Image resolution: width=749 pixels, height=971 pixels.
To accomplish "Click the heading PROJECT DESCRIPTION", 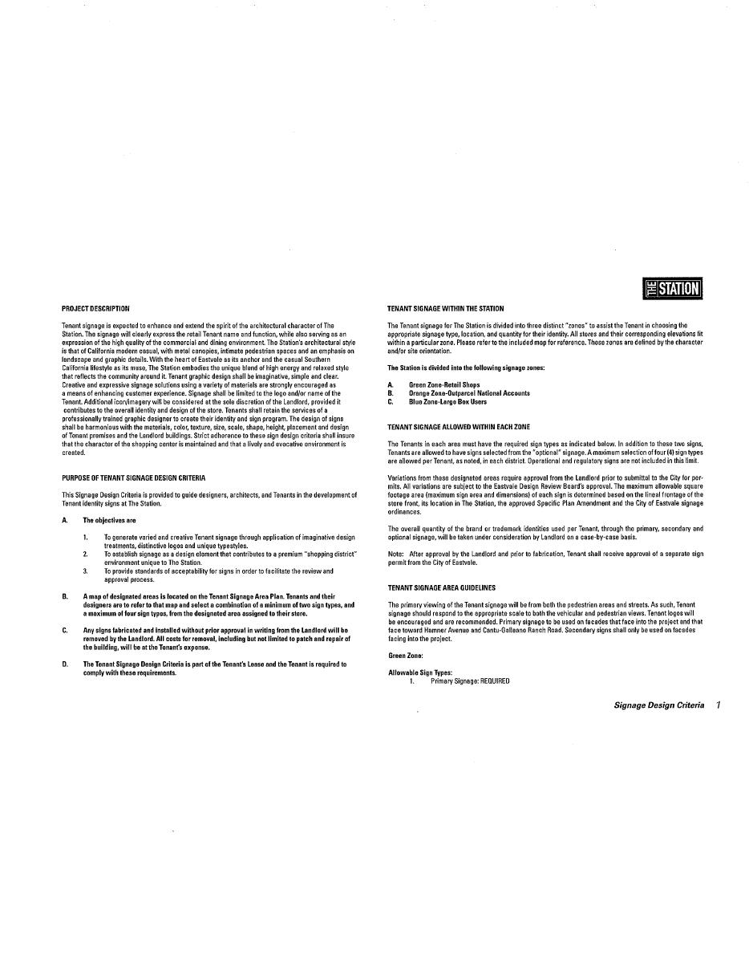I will click(95, 308).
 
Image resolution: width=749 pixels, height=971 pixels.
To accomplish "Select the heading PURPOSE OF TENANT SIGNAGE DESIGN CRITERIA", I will click(133, 478).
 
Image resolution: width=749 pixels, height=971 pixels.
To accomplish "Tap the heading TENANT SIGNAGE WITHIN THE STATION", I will click(446, 308).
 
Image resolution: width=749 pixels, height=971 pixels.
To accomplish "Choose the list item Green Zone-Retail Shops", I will click(444, 385).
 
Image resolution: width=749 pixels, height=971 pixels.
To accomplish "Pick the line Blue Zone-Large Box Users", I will click(447, 402).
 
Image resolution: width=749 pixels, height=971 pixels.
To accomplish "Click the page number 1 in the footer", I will click(719, 705).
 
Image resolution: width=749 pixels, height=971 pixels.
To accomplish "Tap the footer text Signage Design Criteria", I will click(658, 705).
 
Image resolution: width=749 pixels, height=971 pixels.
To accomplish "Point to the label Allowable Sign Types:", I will click(420, 672).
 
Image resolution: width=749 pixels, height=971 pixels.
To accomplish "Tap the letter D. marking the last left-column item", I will click(65, 664).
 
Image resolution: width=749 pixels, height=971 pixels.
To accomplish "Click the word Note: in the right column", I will click(395, 554).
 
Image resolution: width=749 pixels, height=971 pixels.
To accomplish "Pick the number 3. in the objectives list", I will click(85, 571).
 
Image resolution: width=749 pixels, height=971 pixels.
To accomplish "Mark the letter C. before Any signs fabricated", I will click(65, 631).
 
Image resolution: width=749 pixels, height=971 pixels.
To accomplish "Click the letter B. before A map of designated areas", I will click(65, 596).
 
